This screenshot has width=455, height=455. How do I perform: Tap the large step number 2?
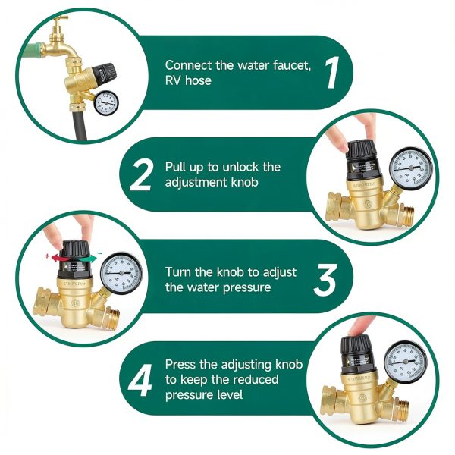coord(140,174)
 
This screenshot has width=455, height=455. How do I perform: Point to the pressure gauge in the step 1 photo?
coord(105,101)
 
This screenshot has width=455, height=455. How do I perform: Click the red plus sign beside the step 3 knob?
coord(48,257)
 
